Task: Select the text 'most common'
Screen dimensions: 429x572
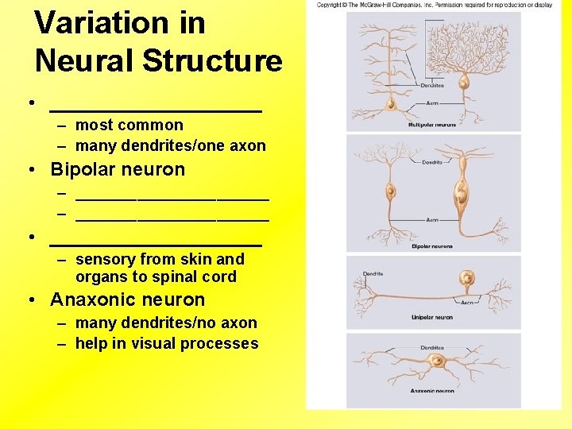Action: click(129, 125)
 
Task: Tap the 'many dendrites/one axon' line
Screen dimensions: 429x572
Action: click(170, 145)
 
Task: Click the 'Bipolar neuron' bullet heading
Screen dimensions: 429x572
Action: click(117, 169)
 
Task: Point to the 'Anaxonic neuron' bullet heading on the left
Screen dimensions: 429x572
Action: click(127, 300)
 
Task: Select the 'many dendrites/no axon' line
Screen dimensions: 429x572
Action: click(166, 323)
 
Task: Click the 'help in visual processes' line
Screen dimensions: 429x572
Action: click(167, 343)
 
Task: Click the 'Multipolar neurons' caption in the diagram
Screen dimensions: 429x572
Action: click(431, 125)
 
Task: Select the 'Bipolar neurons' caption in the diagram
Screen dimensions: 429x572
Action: click(431, 246)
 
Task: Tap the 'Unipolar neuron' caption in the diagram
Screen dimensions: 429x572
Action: click(431, 317)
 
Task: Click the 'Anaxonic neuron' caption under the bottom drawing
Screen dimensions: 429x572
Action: click(431, 391)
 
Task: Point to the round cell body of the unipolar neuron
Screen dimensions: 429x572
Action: click(468, 277)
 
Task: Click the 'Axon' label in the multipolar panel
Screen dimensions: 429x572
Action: click(432, 103)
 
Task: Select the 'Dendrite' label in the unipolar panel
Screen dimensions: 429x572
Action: click(373, 274)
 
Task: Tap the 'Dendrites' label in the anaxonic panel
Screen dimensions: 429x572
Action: click(432, 347)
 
